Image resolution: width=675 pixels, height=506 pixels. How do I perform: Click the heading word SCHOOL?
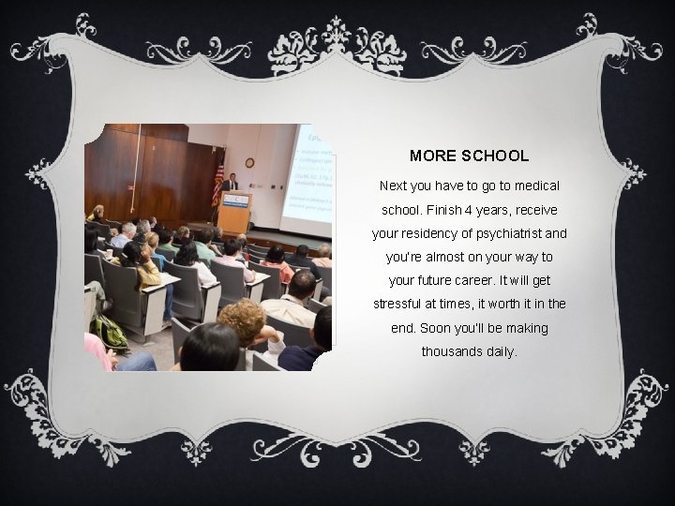coord(496,156)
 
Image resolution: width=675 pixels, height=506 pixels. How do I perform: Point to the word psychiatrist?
coord(508,232)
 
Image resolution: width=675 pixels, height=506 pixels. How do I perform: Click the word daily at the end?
coord(502,352)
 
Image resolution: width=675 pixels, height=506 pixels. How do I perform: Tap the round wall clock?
coord(249,162)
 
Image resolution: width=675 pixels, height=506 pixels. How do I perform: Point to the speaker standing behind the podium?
coord(229,183)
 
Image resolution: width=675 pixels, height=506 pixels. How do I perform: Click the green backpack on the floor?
coord(111,333)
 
